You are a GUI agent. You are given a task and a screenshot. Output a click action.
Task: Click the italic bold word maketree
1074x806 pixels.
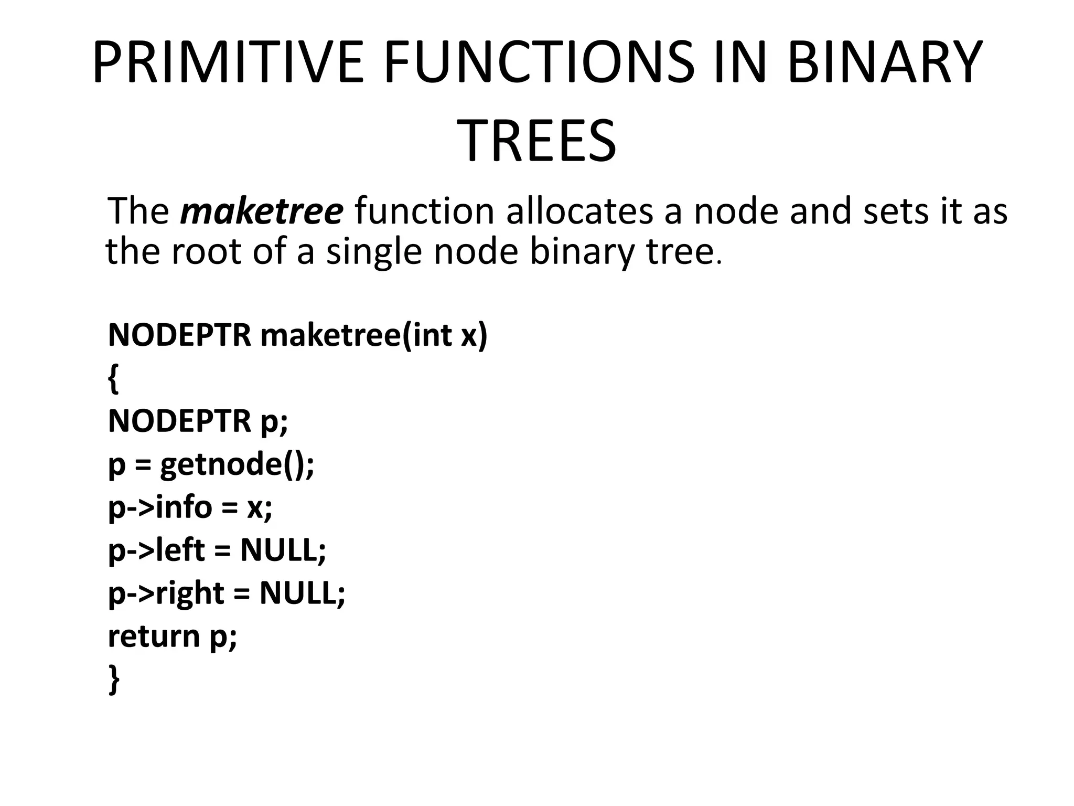(x=261, y=211)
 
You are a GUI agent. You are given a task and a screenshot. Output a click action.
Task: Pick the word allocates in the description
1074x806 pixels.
(x=580, y=211)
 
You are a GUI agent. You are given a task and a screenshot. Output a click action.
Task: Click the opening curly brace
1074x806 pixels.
(x=113, y=379)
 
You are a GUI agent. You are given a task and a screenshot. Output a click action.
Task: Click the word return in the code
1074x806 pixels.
(x=154, y=636)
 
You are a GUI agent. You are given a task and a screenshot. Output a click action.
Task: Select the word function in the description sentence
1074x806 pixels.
(x=424, y=211)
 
